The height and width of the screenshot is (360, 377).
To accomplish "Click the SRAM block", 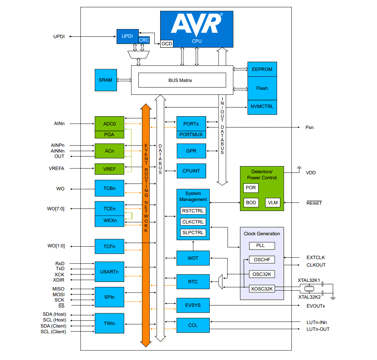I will click(105, 80).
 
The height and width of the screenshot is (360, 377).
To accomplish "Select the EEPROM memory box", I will click(262, 69).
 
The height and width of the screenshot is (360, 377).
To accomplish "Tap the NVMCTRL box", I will click(262, 107).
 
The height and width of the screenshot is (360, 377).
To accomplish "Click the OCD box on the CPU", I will click(167, 43).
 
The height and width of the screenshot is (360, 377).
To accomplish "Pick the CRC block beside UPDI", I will click(144, 40).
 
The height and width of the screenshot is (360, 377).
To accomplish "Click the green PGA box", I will click(109, 134).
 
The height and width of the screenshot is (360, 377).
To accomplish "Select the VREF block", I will click(109, 169).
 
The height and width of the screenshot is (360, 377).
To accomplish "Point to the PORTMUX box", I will click(191, 134).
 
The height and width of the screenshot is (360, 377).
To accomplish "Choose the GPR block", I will click(191, 151).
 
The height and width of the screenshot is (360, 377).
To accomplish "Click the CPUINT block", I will click(191, 171).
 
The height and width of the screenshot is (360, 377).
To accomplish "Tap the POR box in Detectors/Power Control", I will click(251, 188).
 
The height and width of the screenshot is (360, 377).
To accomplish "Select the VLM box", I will click(272, 202).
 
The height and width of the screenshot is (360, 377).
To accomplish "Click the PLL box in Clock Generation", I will click(262, 246).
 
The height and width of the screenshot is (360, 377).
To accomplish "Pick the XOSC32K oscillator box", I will click(262, 289).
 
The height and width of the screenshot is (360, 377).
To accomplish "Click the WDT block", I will click(193, 258).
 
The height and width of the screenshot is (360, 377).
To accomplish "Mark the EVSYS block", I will click(193, 305).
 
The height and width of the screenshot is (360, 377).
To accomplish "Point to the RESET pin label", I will click(314, 203).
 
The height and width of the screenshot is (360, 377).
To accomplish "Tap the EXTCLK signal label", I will click(316, 257).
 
